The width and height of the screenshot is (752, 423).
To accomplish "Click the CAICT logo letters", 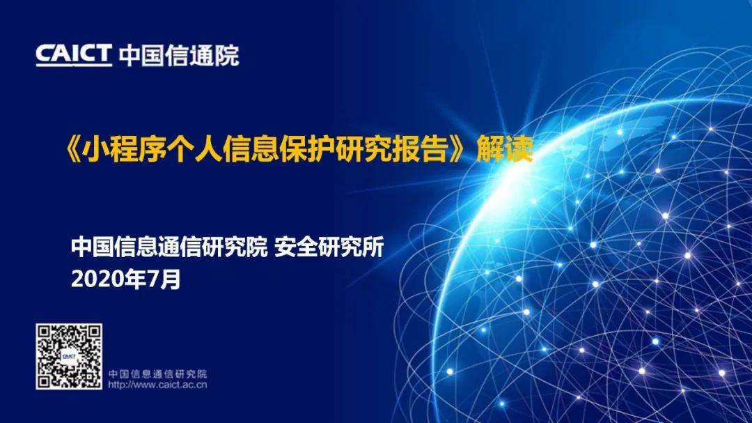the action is (74, 54).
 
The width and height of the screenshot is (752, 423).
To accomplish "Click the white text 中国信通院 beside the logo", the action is (178, 55).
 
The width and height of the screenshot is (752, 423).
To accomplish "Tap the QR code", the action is (69, 356).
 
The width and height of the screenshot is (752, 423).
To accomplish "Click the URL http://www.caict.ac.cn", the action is (157, 385).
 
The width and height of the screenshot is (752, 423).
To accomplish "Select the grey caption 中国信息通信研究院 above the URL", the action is (157, 374).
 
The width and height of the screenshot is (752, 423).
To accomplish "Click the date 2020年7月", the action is (125, 279).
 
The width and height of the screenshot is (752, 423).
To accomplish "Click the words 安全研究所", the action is (329, 247).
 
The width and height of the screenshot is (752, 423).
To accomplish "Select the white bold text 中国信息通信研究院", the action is (169, 247).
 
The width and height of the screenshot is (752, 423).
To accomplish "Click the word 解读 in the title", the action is (505, 149).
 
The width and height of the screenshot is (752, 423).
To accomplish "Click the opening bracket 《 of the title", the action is (72, 149).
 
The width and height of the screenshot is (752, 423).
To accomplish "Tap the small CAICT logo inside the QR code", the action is (69, 356).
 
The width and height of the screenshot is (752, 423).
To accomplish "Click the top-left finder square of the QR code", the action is (45, 332).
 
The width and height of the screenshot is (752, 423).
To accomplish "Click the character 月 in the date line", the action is (171, 279).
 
